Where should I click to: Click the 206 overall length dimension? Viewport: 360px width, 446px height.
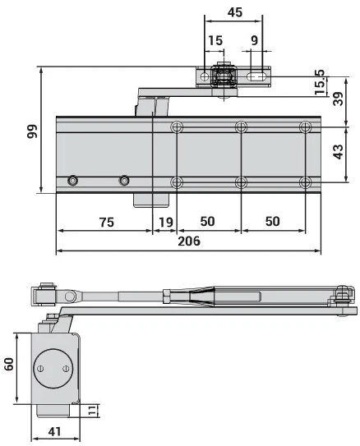tap(188, 241)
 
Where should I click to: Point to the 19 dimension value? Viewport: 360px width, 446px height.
tap(164, 222)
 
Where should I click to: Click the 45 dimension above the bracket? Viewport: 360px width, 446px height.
tap(233, 12)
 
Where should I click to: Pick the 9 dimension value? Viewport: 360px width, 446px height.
tap(253, 40)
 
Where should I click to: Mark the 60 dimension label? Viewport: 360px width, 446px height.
tap(9, 365)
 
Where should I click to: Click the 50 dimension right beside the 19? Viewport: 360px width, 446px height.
tap(208, 222)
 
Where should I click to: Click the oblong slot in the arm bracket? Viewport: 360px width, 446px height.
tap(257, 78)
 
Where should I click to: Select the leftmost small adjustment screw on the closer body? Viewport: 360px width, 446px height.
tap(74, 181)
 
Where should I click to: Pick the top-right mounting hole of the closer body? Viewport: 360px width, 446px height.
tap(306, 127)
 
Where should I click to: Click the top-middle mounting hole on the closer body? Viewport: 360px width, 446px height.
tap(241, 127)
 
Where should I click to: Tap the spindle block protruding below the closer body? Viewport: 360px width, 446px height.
tap(151, 199)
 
